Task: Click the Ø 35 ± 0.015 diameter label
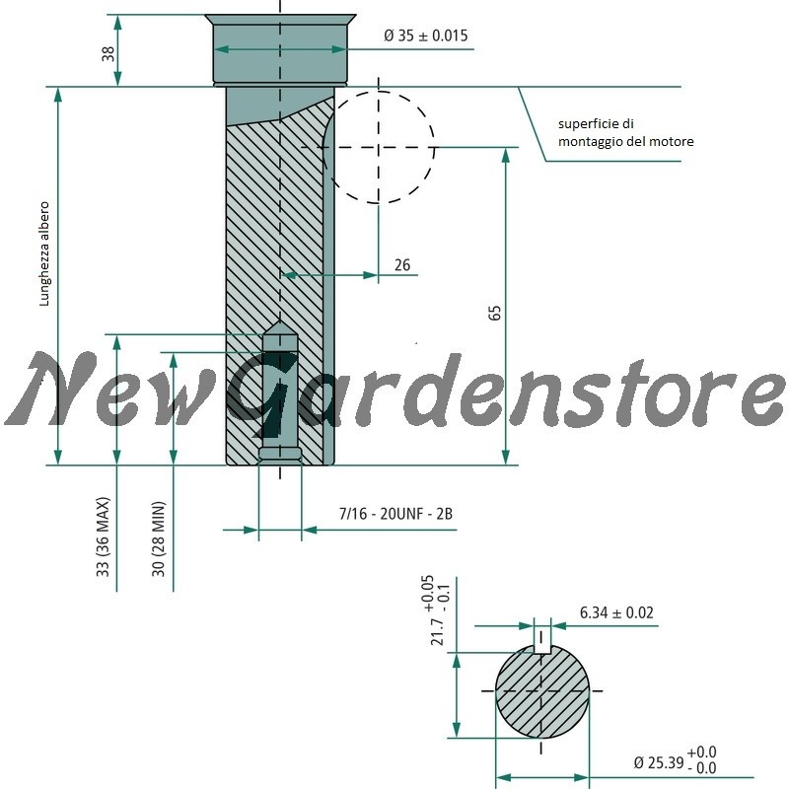425,36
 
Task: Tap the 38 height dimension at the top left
108,54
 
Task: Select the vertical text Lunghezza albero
44,253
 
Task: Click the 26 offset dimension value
402,264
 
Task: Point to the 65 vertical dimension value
495,313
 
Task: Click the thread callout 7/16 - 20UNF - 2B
395,514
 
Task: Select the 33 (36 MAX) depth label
103,537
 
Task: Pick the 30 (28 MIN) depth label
158,538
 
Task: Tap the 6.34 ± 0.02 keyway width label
616,612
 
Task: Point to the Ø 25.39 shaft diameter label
675,760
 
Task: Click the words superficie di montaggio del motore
625,132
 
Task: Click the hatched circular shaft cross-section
541,691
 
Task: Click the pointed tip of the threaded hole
280,322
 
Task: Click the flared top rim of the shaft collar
280,19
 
